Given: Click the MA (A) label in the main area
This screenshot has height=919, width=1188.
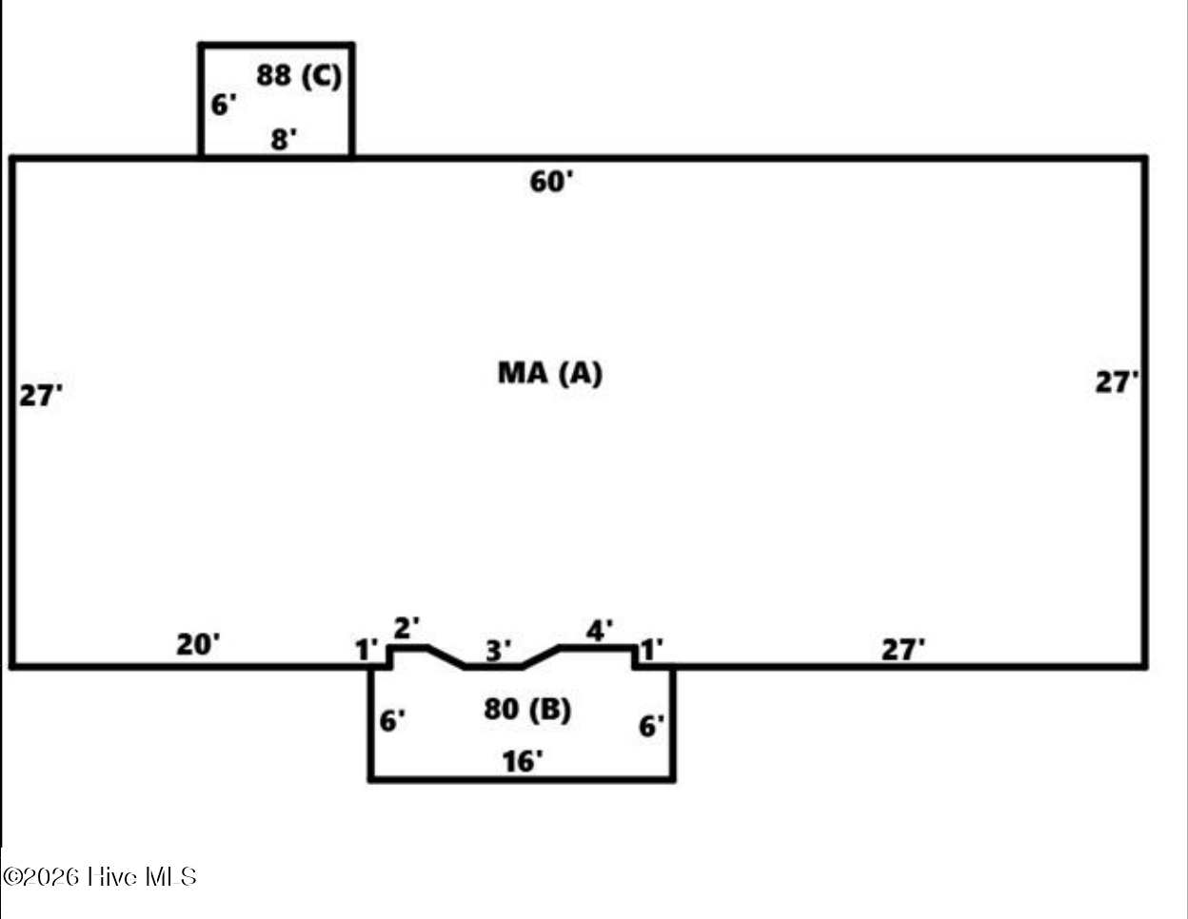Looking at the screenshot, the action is click(550, 374).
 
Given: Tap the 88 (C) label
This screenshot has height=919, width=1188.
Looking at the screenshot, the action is click(299, 75).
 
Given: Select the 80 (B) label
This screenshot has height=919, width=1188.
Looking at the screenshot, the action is click(527, 710).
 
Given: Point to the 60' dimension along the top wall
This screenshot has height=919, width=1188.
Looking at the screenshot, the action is click(551, 182).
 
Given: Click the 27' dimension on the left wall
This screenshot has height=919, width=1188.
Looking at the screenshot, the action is click(41, 395).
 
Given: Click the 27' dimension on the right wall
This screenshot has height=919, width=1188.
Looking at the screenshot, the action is click(1117, 381).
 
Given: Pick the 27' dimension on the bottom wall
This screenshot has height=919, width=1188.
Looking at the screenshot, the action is click(903, 650).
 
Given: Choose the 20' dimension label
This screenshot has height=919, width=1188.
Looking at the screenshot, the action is click(198, 645).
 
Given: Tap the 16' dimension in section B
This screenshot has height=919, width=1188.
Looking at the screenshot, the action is click(523, 762).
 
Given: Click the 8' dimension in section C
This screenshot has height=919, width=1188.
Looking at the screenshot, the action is click(284, 139).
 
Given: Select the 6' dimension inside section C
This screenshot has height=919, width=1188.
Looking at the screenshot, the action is click(224, 105).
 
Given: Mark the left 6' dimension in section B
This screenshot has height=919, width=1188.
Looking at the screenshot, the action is click(392, 721).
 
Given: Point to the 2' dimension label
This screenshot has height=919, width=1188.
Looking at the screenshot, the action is click(406, 628).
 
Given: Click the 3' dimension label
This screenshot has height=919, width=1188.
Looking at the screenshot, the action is click(499, 651).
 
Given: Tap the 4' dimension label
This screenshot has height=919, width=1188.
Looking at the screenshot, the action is click(600, 631).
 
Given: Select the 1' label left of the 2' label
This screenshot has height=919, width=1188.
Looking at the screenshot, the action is click(366, 650).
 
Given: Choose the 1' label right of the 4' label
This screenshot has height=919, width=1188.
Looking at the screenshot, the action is click(651, 650).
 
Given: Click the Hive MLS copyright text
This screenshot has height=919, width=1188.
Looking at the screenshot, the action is click(99, 876).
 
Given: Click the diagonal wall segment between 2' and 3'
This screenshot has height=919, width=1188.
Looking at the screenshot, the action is click(446, 656).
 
